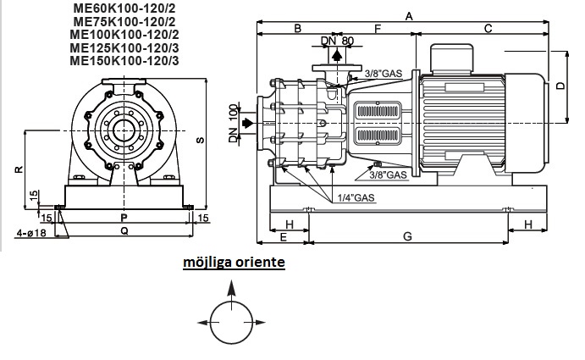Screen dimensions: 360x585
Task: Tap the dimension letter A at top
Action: [409, 16]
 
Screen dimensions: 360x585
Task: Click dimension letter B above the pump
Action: [298, 29]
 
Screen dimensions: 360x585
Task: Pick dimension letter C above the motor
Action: [488, 29]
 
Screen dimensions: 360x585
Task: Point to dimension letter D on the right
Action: [560, 86]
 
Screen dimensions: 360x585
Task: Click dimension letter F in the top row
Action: [378, 29]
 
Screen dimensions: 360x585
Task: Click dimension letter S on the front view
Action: [201, 141]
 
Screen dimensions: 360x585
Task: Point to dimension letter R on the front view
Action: [18, 169]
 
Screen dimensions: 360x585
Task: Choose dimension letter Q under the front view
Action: [124, 230]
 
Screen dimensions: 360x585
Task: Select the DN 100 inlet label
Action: [235, 124]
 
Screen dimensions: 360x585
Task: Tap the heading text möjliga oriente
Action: [234, 263]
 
